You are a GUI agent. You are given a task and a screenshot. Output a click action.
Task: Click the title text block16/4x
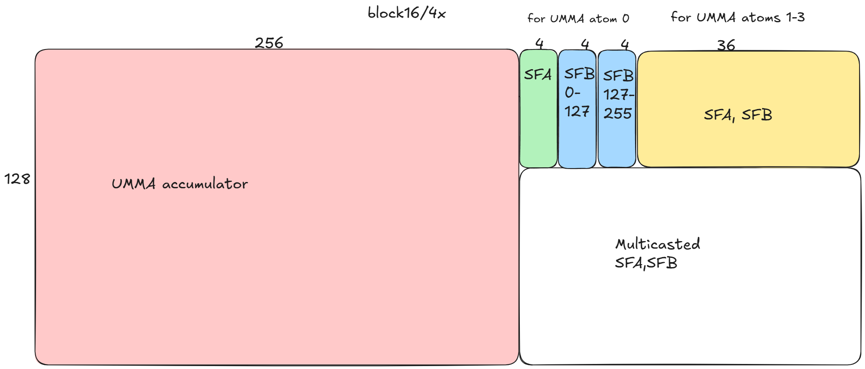coord(406,13)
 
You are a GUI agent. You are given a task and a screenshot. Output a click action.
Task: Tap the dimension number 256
coord(269,43)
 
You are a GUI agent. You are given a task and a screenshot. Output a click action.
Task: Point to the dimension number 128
coord(17,179)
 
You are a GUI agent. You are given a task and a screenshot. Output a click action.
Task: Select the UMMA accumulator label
coord(179,184)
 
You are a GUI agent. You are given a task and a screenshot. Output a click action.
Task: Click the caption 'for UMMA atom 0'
coord(578,18)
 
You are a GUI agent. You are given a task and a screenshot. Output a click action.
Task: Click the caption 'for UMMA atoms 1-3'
coord(737,18)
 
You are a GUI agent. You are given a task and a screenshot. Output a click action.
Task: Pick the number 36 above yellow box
coord(726,45)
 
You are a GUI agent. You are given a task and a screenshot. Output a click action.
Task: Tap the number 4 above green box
coord(540,44)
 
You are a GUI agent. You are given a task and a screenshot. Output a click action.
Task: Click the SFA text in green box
coord(538,75)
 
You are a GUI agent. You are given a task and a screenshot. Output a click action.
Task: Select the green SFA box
coord(538,126)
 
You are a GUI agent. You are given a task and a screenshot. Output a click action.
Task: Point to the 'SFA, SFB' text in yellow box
coord(738,115)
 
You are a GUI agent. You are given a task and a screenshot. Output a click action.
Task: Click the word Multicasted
coord(658,244)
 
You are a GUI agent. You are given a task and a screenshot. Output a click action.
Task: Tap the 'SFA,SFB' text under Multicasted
coord(646,263)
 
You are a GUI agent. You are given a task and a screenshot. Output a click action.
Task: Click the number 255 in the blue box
coord(617,114)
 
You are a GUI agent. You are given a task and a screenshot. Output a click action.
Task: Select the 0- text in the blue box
coord(572,93)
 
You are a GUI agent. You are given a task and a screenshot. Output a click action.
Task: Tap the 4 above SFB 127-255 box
coord(625,44)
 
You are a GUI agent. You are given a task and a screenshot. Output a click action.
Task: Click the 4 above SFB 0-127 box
coord(585,44)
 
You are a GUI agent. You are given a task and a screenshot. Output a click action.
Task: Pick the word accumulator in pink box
coord(205,184)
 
